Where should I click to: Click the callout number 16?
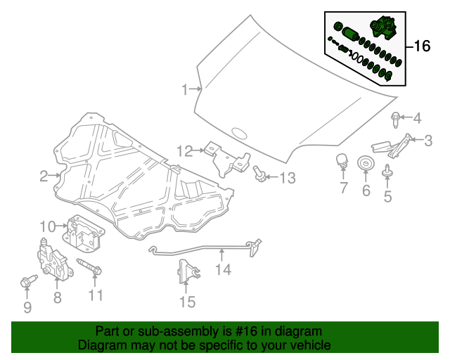[421, 47]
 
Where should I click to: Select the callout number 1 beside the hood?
[185, 89]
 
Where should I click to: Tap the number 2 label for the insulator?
[44, 176]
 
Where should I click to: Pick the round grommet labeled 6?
[366, 165]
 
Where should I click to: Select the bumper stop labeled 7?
[342, 160]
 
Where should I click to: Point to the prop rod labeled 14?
[204, 250]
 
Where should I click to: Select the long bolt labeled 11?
[89, 268]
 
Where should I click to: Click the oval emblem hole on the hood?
[240, 132]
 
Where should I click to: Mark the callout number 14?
[222, 269]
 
